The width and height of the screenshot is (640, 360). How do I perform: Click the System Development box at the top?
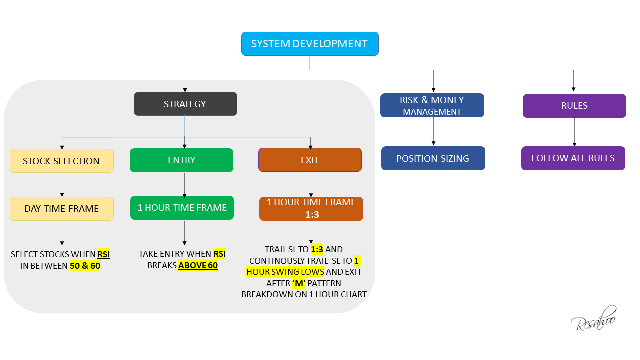(310, 44)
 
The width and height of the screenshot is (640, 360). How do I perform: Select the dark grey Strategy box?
(185, 104)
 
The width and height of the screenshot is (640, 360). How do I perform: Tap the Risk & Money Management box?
(432, 105)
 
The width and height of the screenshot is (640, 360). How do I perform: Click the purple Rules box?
(574, 106)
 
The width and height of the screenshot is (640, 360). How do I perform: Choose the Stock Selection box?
(62, 161)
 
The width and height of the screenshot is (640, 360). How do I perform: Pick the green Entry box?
(181, 160)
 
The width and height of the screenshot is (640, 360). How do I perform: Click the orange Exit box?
(310, 160)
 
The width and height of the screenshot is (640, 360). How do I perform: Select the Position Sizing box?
(433, 158)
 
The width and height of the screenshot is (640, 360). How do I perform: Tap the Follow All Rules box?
(573, 158)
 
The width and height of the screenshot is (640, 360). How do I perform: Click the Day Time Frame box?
(62, 208)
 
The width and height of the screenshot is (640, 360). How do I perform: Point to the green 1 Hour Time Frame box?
(182, 207)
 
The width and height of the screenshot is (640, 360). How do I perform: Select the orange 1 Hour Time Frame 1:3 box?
(311, 208)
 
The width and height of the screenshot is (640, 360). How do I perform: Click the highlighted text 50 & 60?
(85, 266)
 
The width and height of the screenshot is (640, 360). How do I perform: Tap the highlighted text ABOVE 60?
(198, 265)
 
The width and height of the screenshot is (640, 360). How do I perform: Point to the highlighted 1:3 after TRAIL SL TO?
(317, 249)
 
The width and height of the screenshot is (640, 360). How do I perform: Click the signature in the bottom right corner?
(594, 319)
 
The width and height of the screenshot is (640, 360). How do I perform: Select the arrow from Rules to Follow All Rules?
(574, 132)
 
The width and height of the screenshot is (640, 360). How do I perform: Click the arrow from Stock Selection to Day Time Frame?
(62, 184)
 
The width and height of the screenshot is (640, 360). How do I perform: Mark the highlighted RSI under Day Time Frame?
(103, 254)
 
